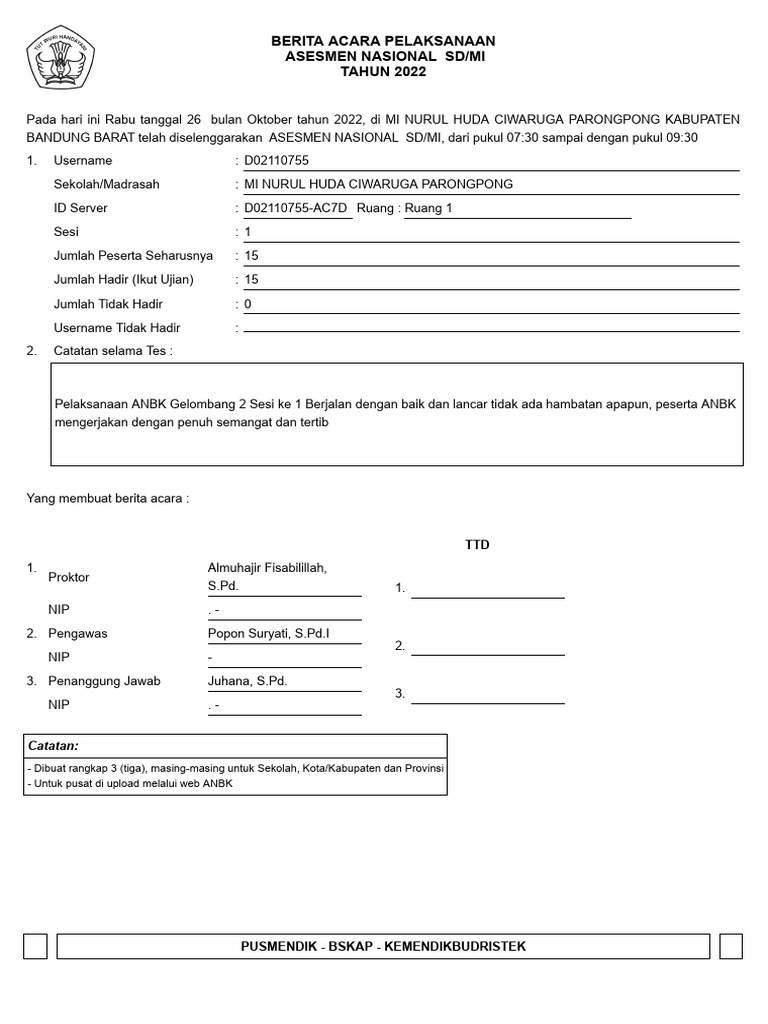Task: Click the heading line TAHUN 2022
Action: [384, 72]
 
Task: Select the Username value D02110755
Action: [277, 161]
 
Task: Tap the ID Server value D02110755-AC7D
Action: [296, 208]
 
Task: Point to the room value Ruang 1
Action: [429, 208]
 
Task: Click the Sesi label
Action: [66, 232]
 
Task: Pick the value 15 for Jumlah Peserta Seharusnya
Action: [252, 256]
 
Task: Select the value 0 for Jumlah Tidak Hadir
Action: [248, 304]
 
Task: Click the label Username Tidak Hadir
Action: [117, 328]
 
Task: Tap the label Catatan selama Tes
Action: [112, 351]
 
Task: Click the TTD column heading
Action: [477, 545]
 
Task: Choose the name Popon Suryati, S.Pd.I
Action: [269, 633]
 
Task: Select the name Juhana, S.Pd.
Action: [248, 681]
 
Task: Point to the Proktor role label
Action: [69, 577]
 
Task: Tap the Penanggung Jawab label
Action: [107, 681]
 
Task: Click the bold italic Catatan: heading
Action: [54, 746]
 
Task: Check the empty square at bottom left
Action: [36, 946]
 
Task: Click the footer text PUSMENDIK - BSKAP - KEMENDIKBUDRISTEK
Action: [384, 946]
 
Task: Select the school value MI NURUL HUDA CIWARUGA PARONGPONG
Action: [378, 184]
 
